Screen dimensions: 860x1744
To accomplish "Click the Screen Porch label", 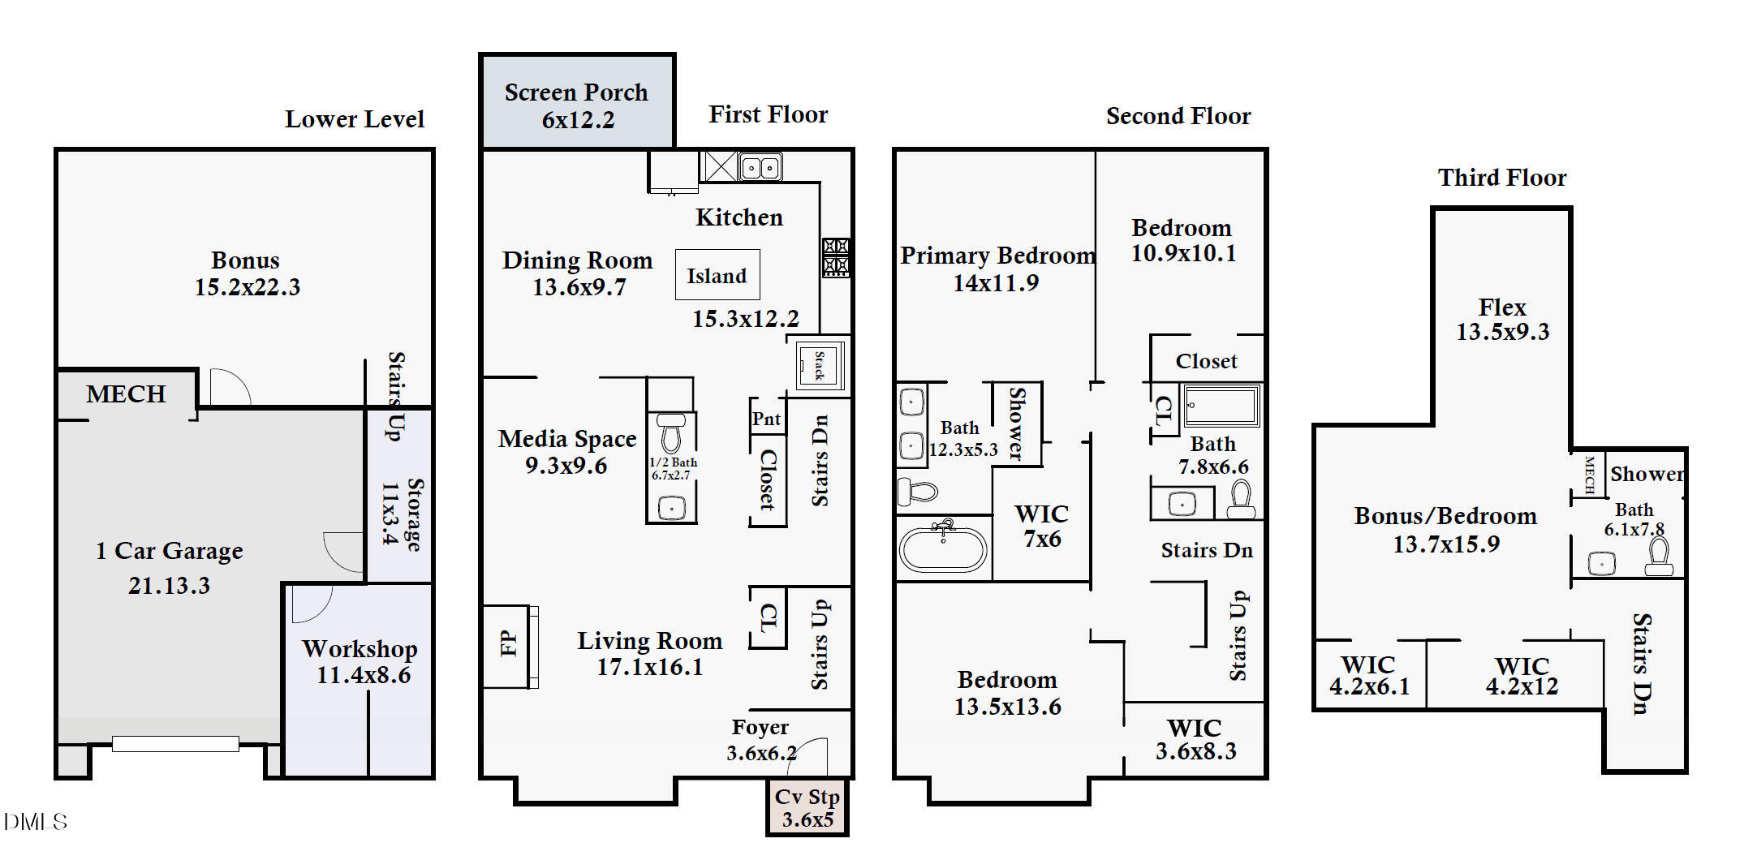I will pos(576,92).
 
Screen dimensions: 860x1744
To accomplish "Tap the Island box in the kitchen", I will pos(717,276).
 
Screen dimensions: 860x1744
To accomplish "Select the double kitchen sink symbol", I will pos(760,167).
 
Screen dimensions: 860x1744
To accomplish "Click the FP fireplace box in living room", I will pos(509,646).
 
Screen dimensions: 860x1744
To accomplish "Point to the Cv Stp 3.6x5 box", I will pos(807,808).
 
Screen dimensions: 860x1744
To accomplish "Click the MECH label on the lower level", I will pos(126,394).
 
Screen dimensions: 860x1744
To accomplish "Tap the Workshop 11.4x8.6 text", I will pos(361,662).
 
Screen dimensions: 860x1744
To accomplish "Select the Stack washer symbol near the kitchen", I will pos(819,364).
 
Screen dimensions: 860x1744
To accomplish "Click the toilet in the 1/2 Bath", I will pos(670,434).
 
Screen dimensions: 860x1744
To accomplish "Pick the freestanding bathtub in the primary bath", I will pos(943,548).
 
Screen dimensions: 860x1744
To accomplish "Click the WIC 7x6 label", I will pos(1041,526).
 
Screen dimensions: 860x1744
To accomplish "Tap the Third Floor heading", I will pos(1501,178).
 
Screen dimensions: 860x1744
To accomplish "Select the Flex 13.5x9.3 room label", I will pos(1502,320).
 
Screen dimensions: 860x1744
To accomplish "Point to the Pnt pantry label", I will pos(766,419).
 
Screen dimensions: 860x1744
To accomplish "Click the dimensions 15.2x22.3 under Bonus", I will pos(248,287).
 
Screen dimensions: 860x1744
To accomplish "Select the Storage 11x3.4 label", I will pos(402,514).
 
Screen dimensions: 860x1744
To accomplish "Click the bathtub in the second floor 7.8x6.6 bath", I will pos(1221,406).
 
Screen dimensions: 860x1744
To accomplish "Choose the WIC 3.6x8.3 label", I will pos(1195,739).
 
